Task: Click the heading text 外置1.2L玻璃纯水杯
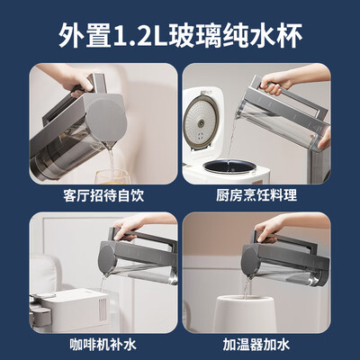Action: pyautogui.click(x=180, y=36)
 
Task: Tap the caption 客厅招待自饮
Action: pyautogui.click(x=103, y=195)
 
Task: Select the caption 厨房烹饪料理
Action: pyautogui.click(x=256, y=195)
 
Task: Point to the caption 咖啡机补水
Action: pyautogui.click(x=103, y=344)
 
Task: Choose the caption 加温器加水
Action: pyautogui.click(x=256, y=344)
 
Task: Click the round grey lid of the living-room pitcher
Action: pyautogui.click(x=107, y=120)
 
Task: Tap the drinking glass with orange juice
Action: pyautogui.click(x=113, y=177)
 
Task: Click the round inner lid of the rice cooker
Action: pyautogui.click(x=201, y=122)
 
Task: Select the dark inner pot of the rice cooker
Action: pyautogui.click(x=229, y=166)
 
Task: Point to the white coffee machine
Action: pyautogui.click(x=69, y=310)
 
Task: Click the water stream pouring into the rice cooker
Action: pyautogui.click(x=231, y=141)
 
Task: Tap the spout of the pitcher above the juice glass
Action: pyautogui.click(x=109, y=146)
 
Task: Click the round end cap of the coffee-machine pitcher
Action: pyautogui.click(x=105, y=259)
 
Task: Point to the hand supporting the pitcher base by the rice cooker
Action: pyautogui.click(x=325, y=139)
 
